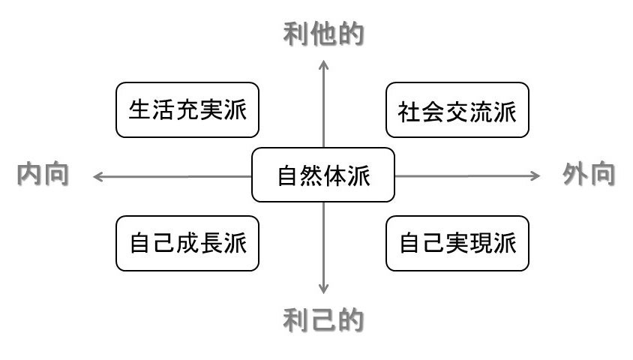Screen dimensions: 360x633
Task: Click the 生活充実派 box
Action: click(x=187, y=110)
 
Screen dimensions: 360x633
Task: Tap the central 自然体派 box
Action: click(x=323, y=175)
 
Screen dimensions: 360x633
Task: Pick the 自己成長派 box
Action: click(x=187, y=244)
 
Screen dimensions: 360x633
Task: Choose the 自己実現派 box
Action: click(x=457, y=244)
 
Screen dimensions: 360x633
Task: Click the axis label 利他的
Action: click(x=323, y=34)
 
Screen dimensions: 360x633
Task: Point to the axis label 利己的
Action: click(x=323, y=320)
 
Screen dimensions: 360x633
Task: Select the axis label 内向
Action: click(x=43, y=175)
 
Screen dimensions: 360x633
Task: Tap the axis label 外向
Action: click(x=589, y=175)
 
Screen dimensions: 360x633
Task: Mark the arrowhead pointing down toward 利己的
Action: click(x=323, y=289)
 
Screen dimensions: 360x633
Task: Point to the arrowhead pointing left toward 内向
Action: click(x=97, y=176)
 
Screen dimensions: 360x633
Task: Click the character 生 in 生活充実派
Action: click(x=140, y=111)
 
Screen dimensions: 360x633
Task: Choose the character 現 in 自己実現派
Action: click(x=481, y=244)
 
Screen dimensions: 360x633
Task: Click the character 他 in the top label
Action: click(x=323, y=34)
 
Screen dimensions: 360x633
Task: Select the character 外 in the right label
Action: click(x=575, y=175)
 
